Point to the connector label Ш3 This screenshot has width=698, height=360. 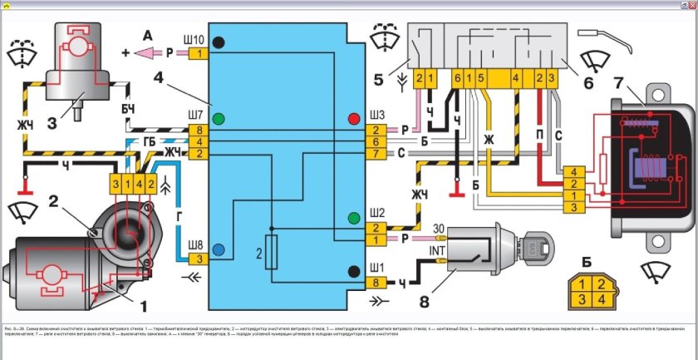coord(377,114)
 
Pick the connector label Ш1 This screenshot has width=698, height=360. coord(376,267)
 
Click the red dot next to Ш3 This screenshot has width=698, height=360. coord(355,118)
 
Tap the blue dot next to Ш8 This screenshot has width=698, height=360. coord(219,249)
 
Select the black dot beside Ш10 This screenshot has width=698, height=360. coord(219,42)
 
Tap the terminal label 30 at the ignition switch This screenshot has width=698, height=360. coord(440,228)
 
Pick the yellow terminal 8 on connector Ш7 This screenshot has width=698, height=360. coord(199,131)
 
